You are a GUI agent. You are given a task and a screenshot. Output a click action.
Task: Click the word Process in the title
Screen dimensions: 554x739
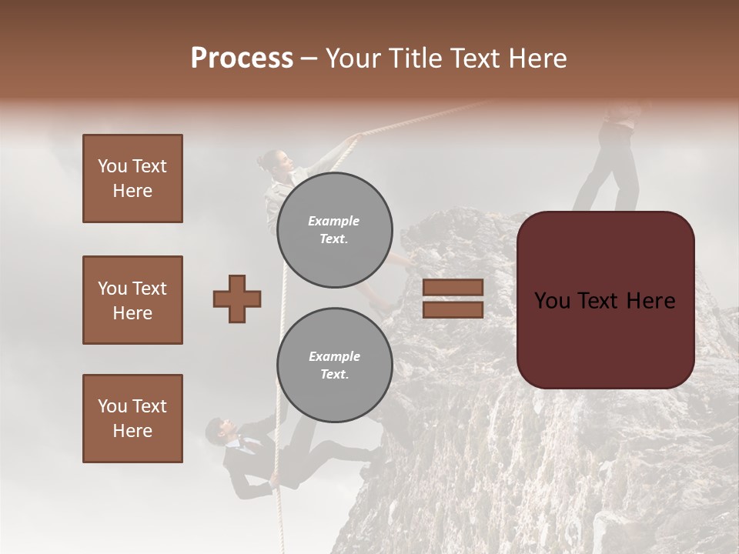(242, 58)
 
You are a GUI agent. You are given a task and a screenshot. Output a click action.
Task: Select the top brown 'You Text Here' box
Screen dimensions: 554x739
(132, 179)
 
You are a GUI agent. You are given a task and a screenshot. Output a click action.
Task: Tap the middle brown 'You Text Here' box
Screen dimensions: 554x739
(132, 300)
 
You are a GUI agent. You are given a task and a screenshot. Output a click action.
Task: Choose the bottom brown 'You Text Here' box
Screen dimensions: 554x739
(132, 419)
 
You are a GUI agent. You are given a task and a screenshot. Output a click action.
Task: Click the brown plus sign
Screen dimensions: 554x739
(237, 299)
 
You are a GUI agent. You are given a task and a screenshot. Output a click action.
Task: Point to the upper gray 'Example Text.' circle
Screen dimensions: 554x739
(335, 229)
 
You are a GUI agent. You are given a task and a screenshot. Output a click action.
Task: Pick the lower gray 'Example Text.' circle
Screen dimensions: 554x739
(335, 365)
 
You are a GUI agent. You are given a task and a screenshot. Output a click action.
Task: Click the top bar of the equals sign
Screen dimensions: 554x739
(453, 287)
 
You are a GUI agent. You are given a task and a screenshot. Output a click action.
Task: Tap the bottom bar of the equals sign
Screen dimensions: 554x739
(453, 309)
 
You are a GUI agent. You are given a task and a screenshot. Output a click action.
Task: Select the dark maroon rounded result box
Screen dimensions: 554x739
(605, 300)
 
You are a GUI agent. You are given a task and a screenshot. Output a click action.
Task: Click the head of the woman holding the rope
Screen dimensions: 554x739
(276, 162)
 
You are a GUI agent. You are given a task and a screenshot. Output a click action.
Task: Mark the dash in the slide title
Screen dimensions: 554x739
(309, 58)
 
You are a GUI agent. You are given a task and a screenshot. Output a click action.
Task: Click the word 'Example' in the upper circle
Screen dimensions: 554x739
(333, 221)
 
